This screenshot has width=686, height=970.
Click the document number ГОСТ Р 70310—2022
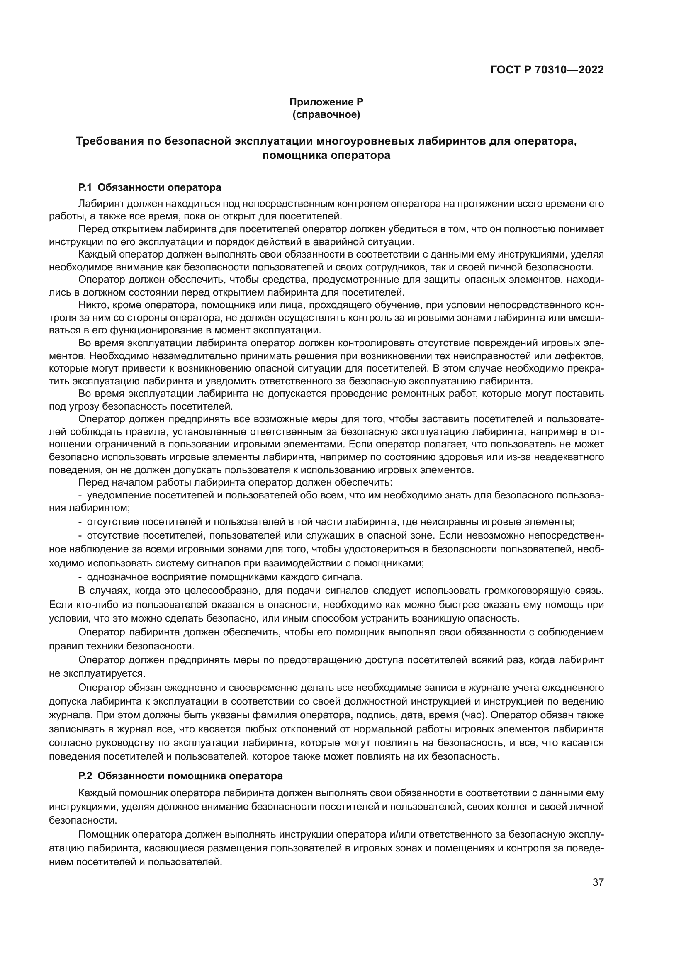point(547,70)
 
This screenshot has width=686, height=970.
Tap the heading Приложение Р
point(326,102)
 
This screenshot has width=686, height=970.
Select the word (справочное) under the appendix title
point(326,114)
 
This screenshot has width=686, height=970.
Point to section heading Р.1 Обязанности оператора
point(150,187)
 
